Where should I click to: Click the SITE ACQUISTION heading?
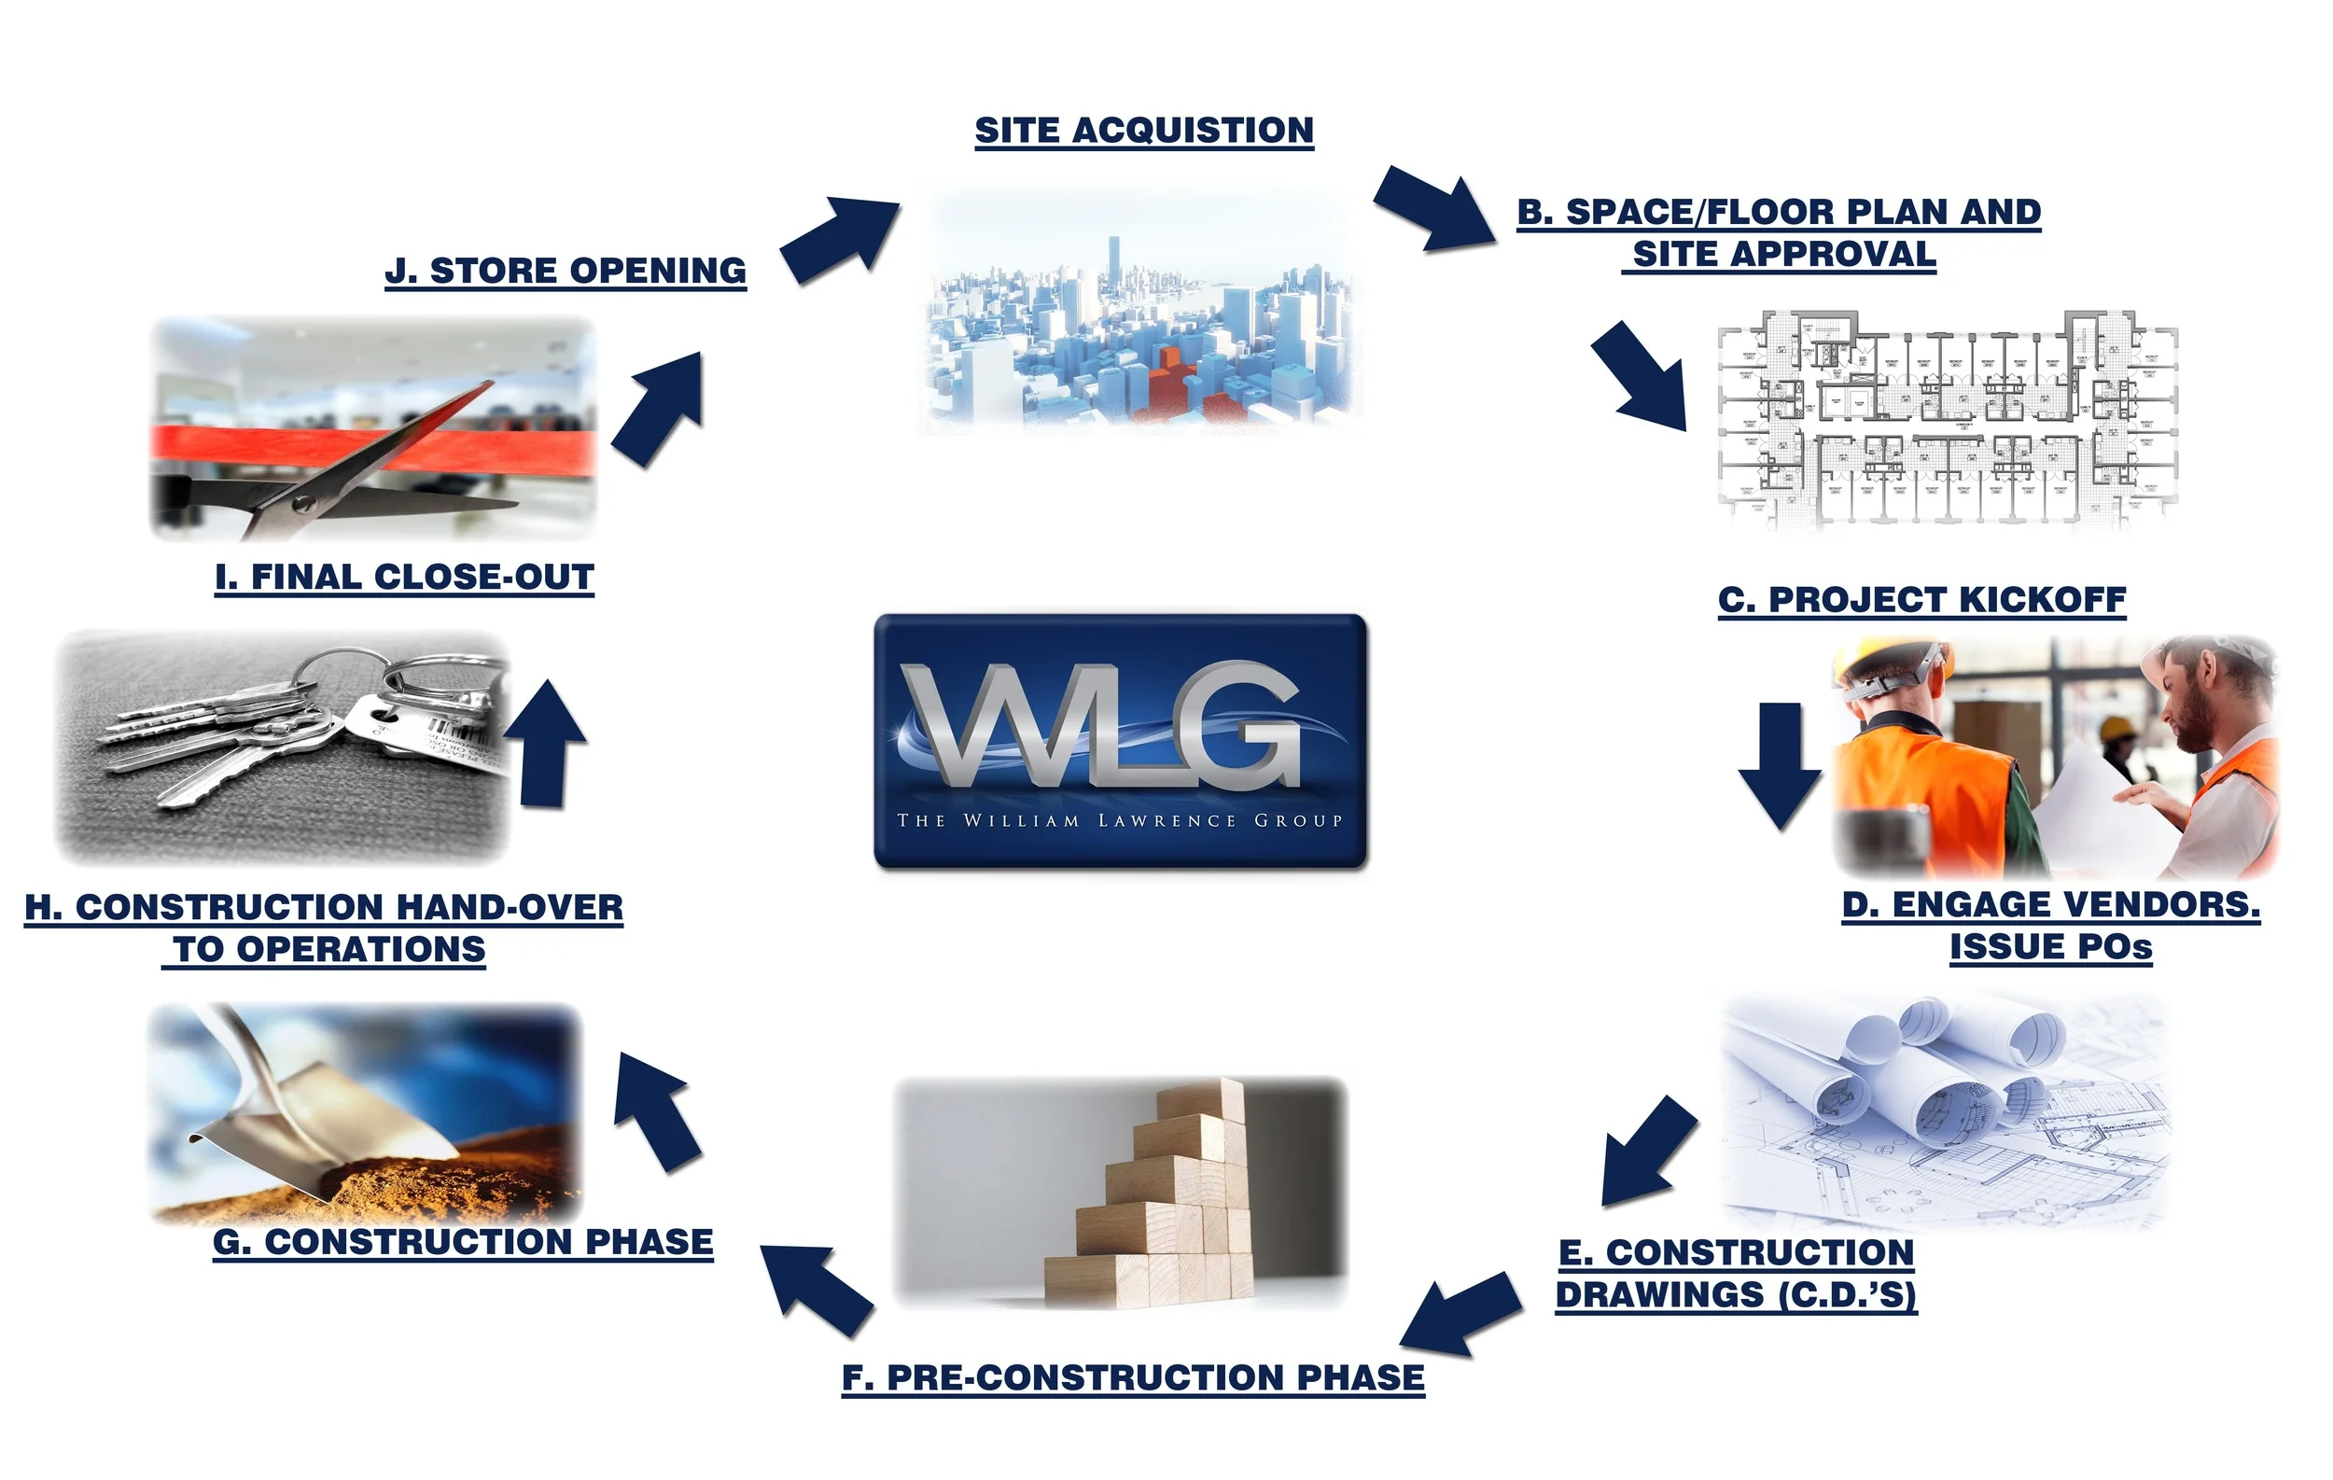point(1143,130)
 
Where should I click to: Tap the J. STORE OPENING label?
point(566,271)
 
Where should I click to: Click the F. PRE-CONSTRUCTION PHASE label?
point(1133,1376)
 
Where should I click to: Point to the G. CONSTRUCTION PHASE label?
point(463,1241)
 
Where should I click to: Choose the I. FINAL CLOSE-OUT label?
point(404,577)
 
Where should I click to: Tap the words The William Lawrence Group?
point(1119,820)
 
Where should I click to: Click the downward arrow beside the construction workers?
point(1780,765)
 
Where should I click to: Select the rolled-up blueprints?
point(1928,1075)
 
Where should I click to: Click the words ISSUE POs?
point(2050,946)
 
